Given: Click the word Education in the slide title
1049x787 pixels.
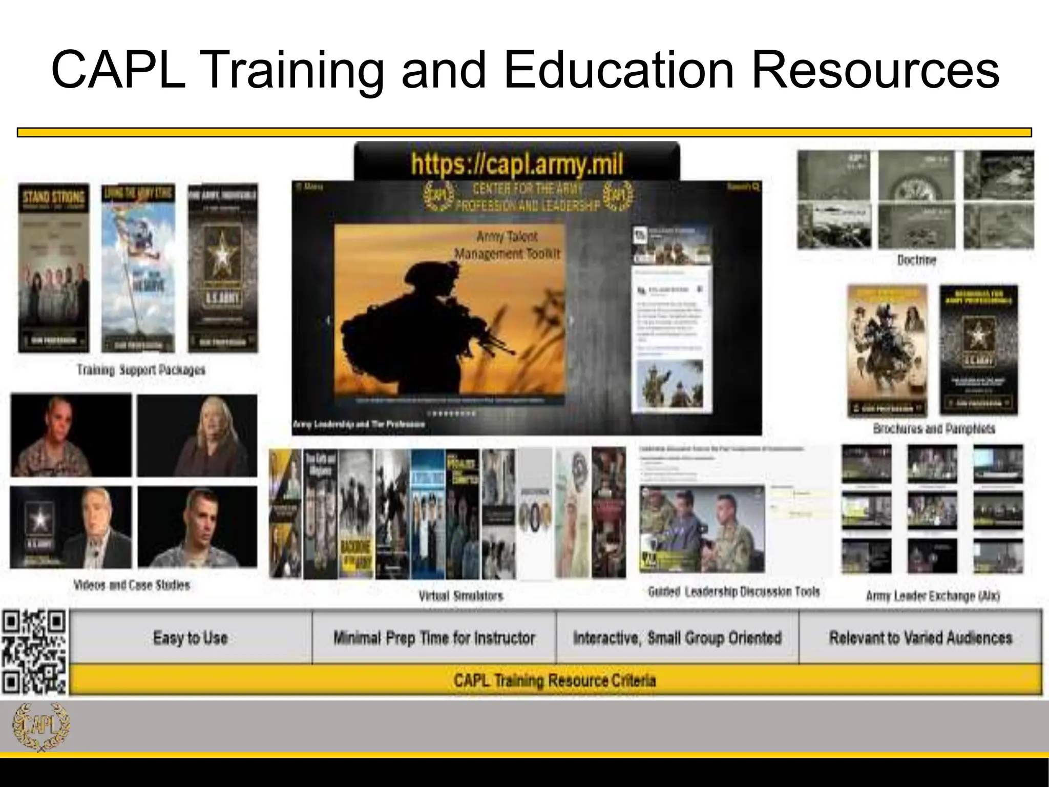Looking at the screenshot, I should (620, 71).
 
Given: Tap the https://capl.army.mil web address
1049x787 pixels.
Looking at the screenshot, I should (517, 164).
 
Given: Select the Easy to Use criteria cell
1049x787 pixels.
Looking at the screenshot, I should (190, 638).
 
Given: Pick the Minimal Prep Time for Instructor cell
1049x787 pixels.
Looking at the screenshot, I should (434, 638).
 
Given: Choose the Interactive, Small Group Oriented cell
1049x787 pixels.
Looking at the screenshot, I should (677, 638).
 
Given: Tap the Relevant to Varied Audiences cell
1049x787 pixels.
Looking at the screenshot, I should (920, 638).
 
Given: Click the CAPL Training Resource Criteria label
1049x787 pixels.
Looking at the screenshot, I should (555, 680).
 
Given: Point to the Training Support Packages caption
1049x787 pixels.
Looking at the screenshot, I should (141, 369).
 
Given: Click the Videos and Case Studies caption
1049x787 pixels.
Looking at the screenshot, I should (132, 585).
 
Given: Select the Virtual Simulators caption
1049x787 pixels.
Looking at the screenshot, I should (460, 596).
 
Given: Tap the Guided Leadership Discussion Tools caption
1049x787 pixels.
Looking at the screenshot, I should (733, 592).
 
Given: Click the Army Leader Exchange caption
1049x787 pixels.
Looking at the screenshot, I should (933, 596).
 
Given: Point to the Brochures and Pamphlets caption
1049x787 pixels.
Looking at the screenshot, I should (934, 428).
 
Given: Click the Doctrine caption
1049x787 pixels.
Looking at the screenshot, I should (916, 260).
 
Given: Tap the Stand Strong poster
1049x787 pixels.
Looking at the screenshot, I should (54, 268).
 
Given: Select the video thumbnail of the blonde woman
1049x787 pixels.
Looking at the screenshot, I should (197, 436).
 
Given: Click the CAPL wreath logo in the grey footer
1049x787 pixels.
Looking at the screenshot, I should (41, 727).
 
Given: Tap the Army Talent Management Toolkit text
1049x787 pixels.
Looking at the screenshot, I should (507, 245).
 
